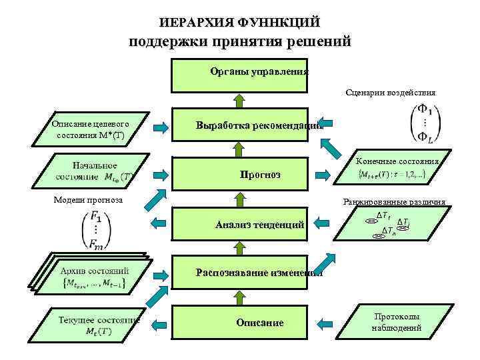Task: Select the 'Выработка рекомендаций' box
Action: (240, 125)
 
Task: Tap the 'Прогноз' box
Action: (240, 175)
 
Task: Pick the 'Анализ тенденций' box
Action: (240, 225)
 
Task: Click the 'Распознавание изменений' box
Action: (240, 273)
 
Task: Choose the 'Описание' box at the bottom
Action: (240, 323)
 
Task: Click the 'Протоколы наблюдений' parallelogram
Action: (397, 322)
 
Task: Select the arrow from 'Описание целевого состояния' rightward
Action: (161, 125)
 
